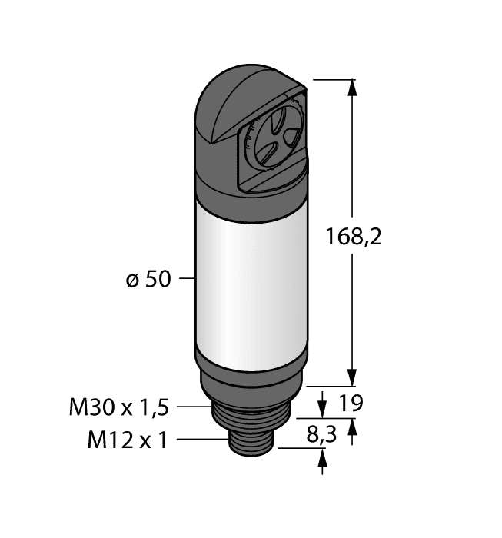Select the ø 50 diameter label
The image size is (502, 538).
point(148,281)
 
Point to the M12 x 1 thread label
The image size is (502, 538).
point(128,440)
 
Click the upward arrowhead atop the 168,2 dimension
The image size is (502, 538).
point(353,86)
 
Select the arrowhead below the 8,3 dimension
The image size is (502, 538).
point(322,458)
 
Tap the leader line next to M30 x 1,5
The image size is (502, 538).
point(197,407)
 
